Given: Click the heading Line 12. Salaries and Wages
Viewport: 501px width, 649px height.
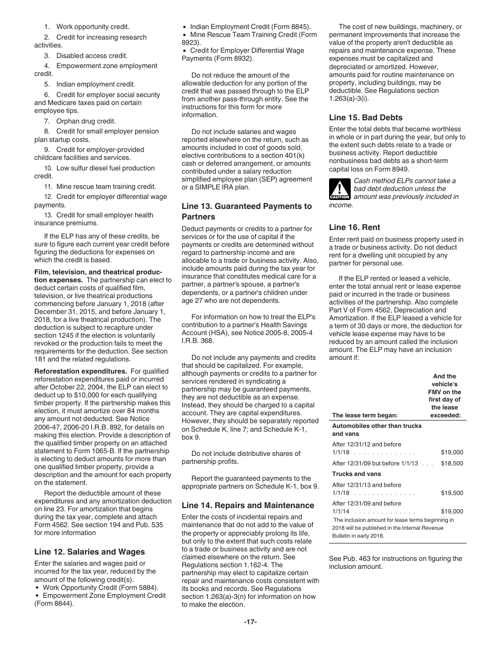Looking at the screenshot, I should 89,551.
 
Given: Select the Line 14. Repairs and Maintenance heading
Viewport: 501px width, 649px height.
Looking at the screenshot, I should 247,505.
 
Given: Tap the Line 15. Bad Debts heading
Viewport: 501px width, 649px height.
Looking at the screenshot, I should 365,118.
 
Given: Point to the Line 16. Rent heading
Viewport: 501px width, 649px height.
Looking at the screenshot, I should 354,227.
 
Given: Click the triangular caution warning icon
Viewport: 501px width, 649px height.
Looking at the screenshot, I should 339,189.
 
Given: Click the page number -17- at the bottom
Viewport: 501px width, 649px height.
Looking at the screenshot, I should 250,622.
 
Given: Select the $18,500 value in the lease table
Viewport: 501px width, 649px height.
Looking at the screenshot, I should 451,463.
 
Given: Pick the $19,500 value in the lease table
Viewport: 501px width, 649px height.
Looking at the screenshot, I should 451,493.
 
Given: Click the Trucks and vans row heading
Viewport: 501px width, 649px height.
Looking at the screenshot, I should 356,474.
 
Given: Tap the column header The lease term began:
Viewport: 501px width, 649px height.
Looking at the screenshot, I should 365,415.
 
